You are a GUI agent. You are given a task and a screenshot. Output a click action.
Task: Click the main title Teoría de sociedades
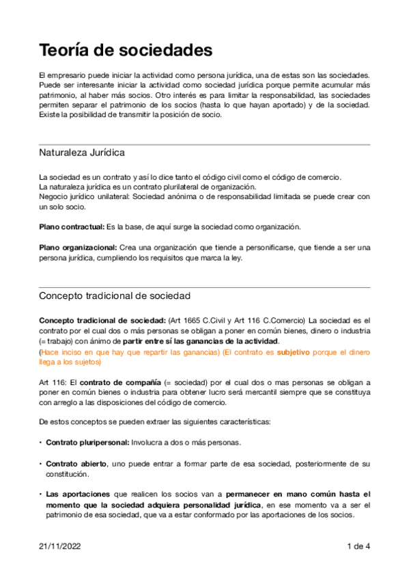[126, 50]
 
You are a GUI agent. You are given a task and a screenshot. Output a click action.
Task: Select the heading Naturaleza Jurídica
[82, 152]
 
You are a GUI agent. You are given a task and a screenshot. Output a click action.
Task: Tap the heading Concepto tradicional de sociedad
[115, 295]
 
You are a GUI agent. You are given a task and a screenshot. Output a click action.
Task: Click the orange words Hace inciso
[61, 352]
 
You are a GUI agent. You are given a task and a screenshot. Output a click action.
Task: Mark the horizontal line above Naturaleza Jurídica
[204, 144]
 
